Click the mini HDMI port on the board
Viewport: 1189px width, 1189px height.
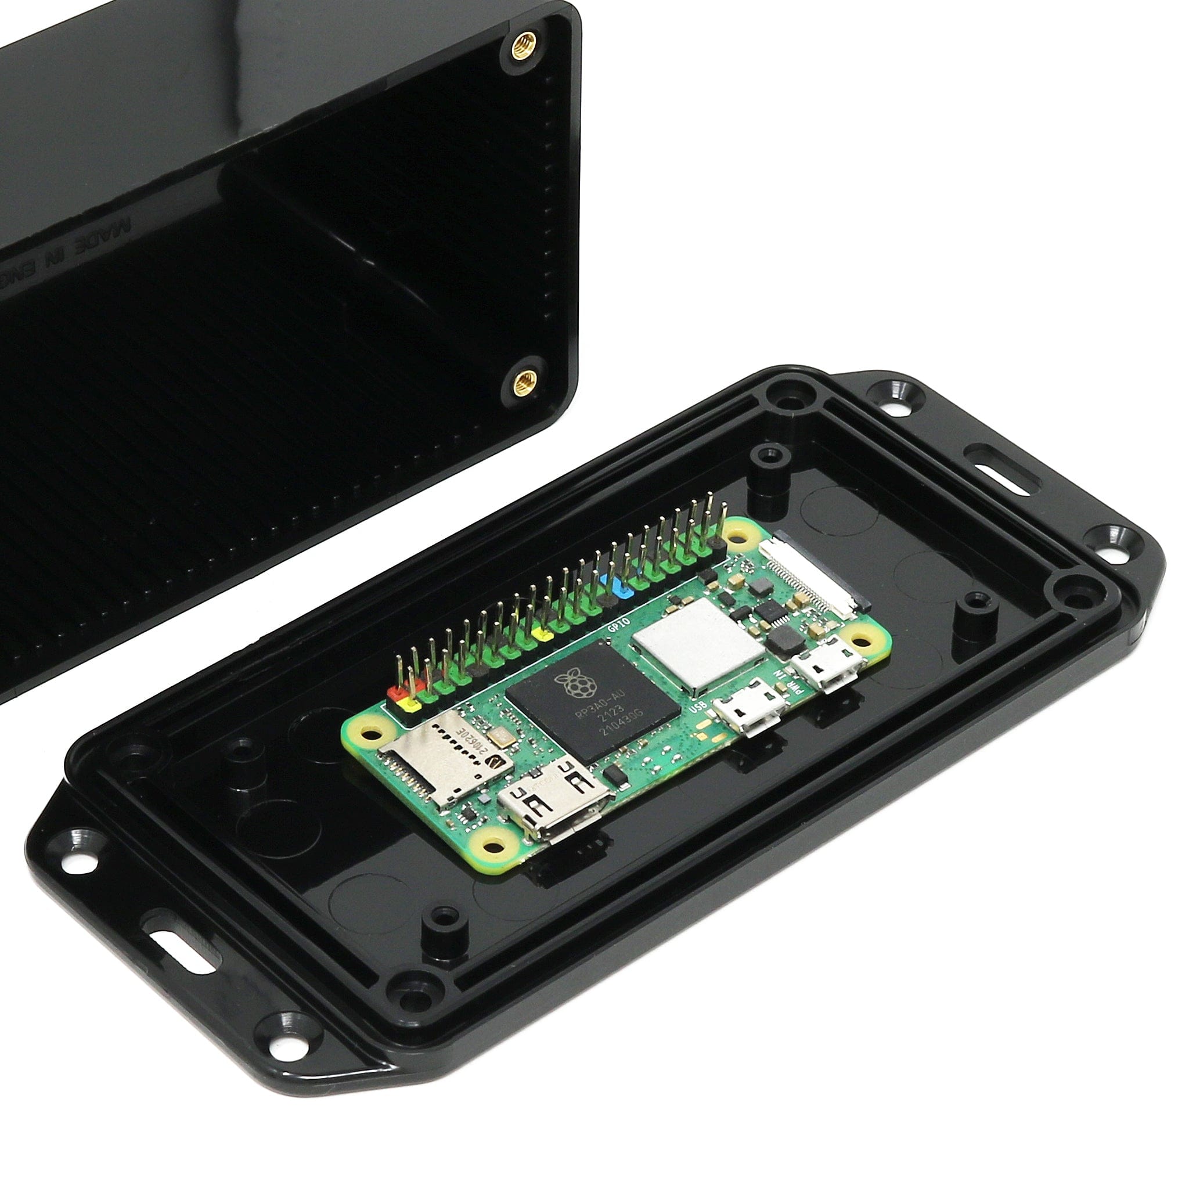click(x=554, y=801)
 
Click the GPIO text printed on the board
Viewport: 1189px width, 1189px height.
click(x=616, y=628)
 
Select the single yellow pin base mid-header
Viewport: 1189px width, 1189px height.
click(x=544, y=634)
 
